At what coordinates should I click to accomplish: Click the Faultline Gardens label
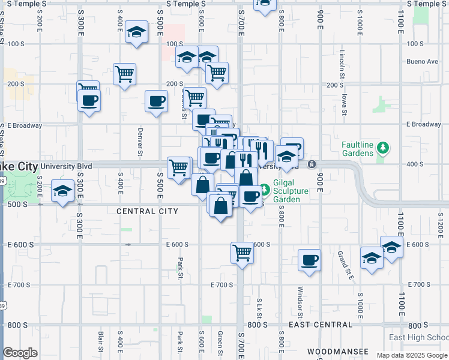point(366,149)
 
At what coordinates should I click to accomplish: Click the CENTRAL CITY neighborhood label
point(147,211)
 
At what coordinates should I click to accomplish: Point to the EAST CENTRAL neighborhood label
point(320,325)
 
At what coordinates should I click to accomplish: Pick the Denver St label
point(139,142)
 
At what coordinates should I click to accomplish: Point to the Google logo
point(20,353)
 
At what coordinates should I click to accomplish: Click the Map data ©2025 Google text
point(411,355)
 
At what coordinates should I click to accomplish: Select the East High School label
point(418,337)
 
